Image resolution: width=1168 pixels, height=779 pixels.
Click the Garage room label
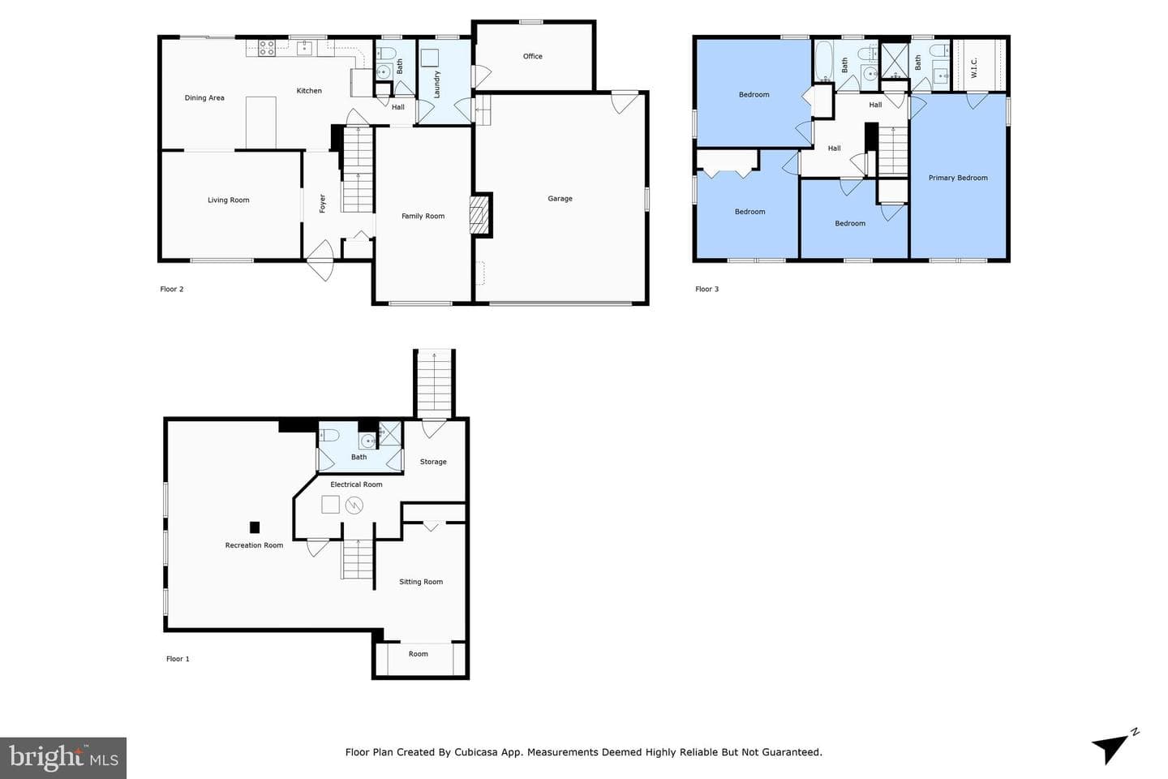(560, 199)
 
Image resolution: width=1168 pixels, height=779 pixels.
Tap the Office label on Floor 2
(532, 56)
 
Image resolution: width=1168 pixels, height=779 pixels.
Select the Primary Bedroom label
(958, 178)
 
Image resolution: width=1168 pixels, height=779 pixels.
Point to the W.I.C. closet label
(974, 68)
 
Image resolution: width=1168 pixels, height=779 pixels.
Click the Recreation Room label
(254, 545)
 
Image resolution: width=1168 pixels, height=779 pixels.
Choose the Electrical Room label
(356, 484)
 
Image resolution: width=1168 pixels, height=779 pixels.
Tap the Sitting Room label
(421, 582)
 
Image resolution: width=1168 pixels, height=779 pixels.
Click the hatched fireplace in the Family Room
(479, 215)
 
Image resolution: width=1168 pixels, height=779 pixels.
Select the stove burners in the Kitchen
(267, 48)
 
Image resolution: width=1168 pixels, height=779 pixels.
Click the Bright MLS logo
(63, 758)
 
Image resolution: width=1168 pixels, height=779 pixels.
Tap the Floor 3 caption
(706, 289)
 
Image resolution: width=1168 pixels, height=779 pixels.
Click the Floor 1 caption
(178, 659)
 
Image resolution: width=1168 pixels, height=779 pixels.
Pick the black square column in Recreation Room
(255, 527)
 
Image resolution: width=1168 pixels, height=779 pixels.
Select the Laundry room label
(437, 84)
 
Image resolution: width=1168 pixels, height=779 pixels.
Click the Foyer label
(322, 204)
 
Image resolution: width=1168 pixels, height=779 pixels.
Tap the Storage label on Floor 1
(433, 462)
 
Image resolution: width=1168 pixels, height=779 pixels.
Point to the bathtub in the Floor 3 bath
(824, 62)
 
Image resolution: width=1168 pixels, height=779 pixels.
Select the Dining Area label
(204, 98)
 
